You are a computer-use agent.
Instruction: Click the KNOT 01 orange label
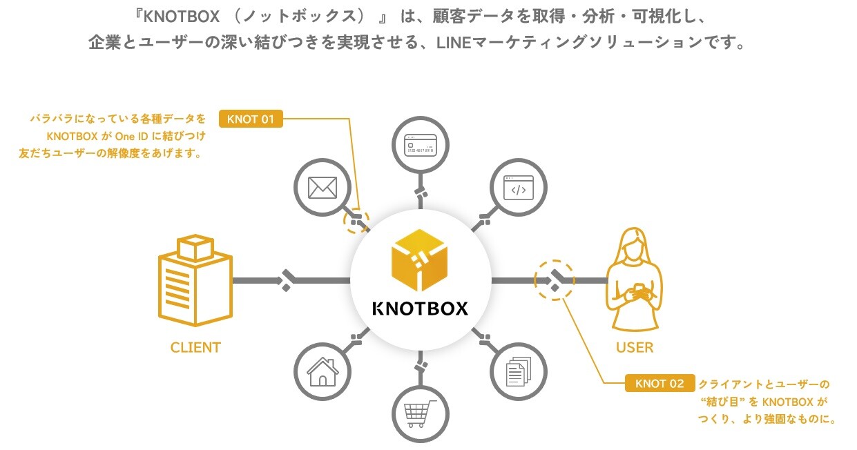point(251,119)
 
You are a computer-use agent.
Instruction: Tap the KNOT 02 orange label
point(659,383)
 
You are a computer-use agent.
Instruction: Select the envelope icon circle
point(322,187)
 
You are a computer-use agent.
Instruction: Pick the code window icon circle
point(519,187)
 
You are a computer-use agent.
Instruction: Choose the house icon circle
point(322,373)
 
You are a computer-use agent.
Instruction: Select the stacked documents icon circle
point(519,373)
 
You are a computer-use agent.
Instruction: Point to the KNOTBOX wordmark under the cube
point(420,308)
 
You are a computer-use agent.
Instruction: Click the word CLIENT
point(195,347)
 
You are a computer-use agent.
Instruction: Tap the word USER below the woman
point(635,347)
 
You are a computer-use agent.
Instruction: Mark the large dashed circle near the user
point(555,280)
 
